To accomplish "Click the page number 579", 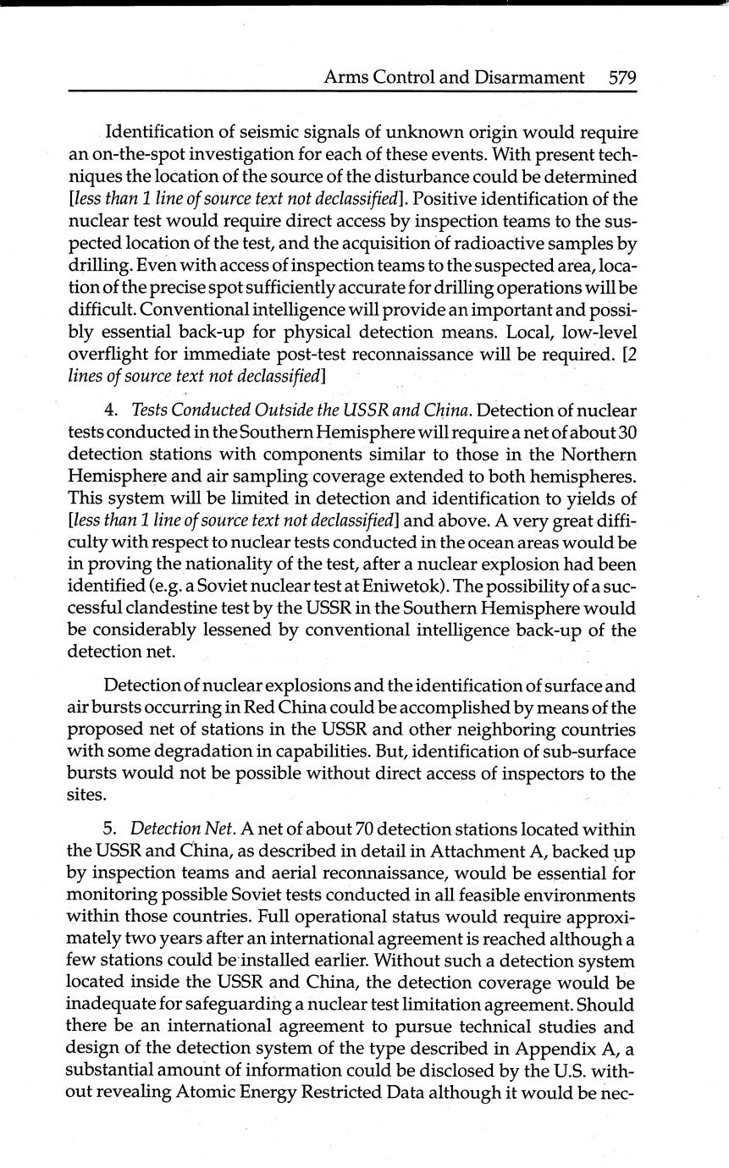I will (622, 78).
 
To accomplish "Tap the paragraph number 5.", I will (110, 829).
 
